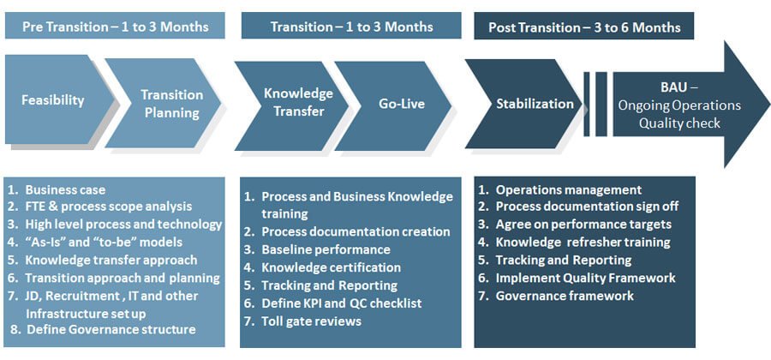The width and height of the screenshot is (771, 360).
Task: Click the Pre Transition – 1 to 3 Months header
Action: click(x=115, y=26)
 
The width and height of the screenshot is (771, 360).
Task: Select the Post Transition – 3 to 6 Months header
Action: click(x=584, y=26)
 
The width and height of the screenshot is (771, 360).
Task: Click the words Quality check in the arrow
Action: click(x=679, y=123)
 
